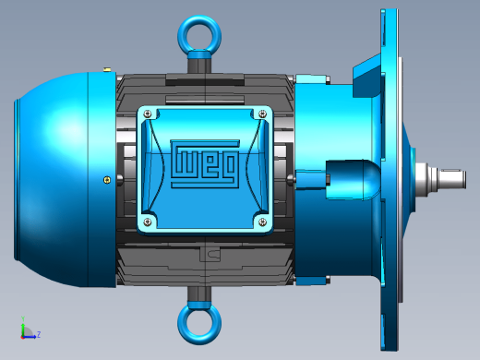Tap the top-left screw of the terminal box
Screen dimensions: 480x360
(148, 114)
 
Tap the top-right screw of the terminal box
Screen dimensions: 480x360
(262, 114)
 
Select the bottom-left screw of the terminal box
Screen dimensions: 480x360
(148, 222)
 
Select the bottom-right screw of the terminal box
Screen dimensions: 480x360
(262, 222)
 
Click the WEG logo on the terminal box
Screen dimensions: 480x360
(205, 163)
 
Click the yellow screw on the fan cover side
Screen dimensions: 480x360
(107, 180)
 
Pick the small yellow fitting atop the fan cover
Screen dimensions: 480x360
(107, 70)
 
